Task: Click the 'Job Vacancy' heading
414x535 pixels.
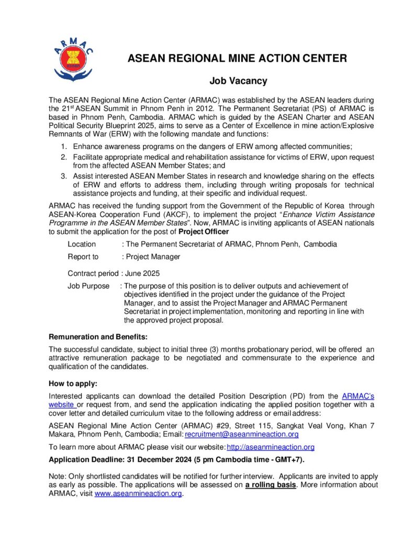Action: point(238,81)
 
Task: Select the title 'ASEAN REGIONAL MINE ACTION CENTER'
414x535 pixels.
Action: point(237,58)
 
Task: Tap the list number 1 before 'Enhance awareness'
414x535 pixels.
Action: point(64,146)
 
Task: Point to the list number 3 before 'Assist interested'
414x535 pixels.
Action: point(64,176)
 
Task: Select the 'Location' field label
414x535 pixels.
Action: point(82,244)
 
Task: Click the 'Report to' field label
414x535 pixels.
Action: point(83,257)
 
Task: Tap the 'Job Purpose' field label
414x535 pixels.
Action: point(88,286)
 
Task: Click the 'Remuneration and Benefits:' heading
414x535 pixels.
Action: point(98,336)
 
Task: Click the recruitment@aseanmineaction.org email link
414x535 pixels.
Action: point(242,434)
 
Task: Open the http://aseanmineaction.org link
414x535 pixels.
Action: point(271,447)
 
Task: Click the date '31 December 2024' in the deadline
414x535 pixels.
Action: point(162,460)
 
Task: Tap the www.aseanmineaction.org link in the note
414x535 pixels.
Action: point(138,494)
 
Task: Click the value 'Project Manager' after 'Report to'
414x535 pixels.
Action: point(153,257)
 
